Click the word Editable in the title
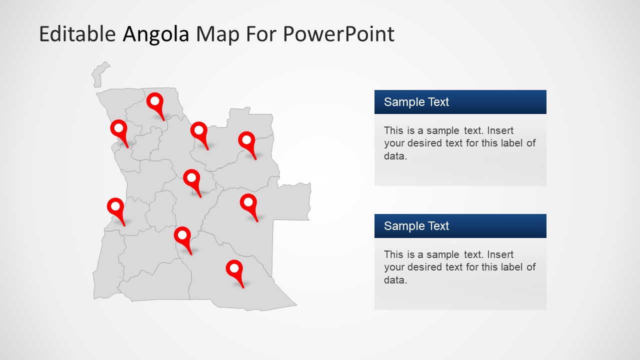pos(77,34)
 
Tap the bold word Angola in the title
pos(156,34)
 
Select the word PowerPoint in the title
pos(338,34)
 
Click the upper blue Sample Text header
pos(460,102)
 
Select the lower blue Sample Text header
pos(460,226)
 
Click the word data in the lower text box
pos(394,280)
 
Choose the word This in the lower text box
pos(393,254)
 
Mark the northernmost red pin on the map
pos(155,102)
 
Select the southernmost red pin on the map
pos(234,269)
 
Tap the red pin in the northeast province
pos(246,140)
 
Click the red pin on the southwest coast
pos(115,207)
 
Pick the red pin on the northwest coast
pos(118,129)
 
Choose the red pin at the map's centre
pos(191,178)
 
